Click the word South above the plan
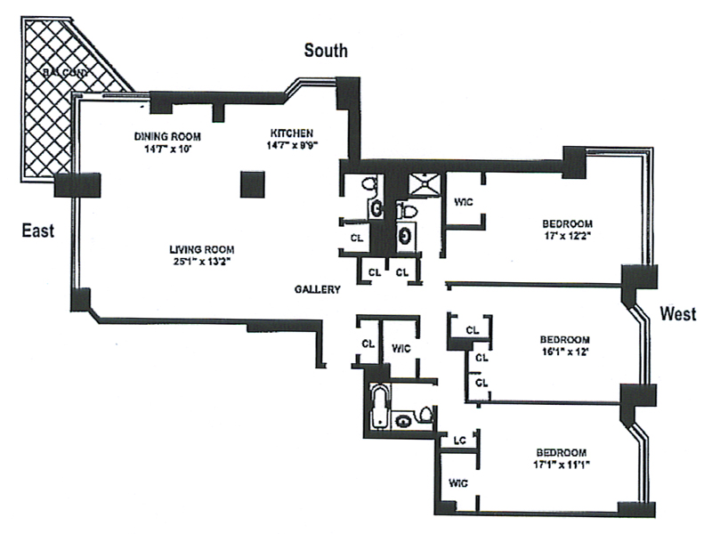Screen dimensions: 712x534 coord(326,50)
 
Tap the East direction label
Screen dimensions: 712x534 coord(38,231)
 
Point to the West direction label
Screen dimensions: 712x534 coord(678,313)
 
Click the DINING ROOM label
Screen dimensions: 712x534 coord(167,136)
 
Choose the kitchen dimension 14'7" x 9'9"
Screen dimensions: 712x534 coord(293,146)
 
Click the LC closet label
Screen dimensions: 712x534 coord(460,439)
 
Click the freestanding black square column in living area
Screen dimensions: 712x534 coord(254,184)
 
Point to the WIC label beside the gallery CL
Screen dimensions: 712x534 coord(401,347)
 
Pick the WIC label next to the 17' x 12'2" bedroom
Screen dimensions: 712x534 coord(463,202)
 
